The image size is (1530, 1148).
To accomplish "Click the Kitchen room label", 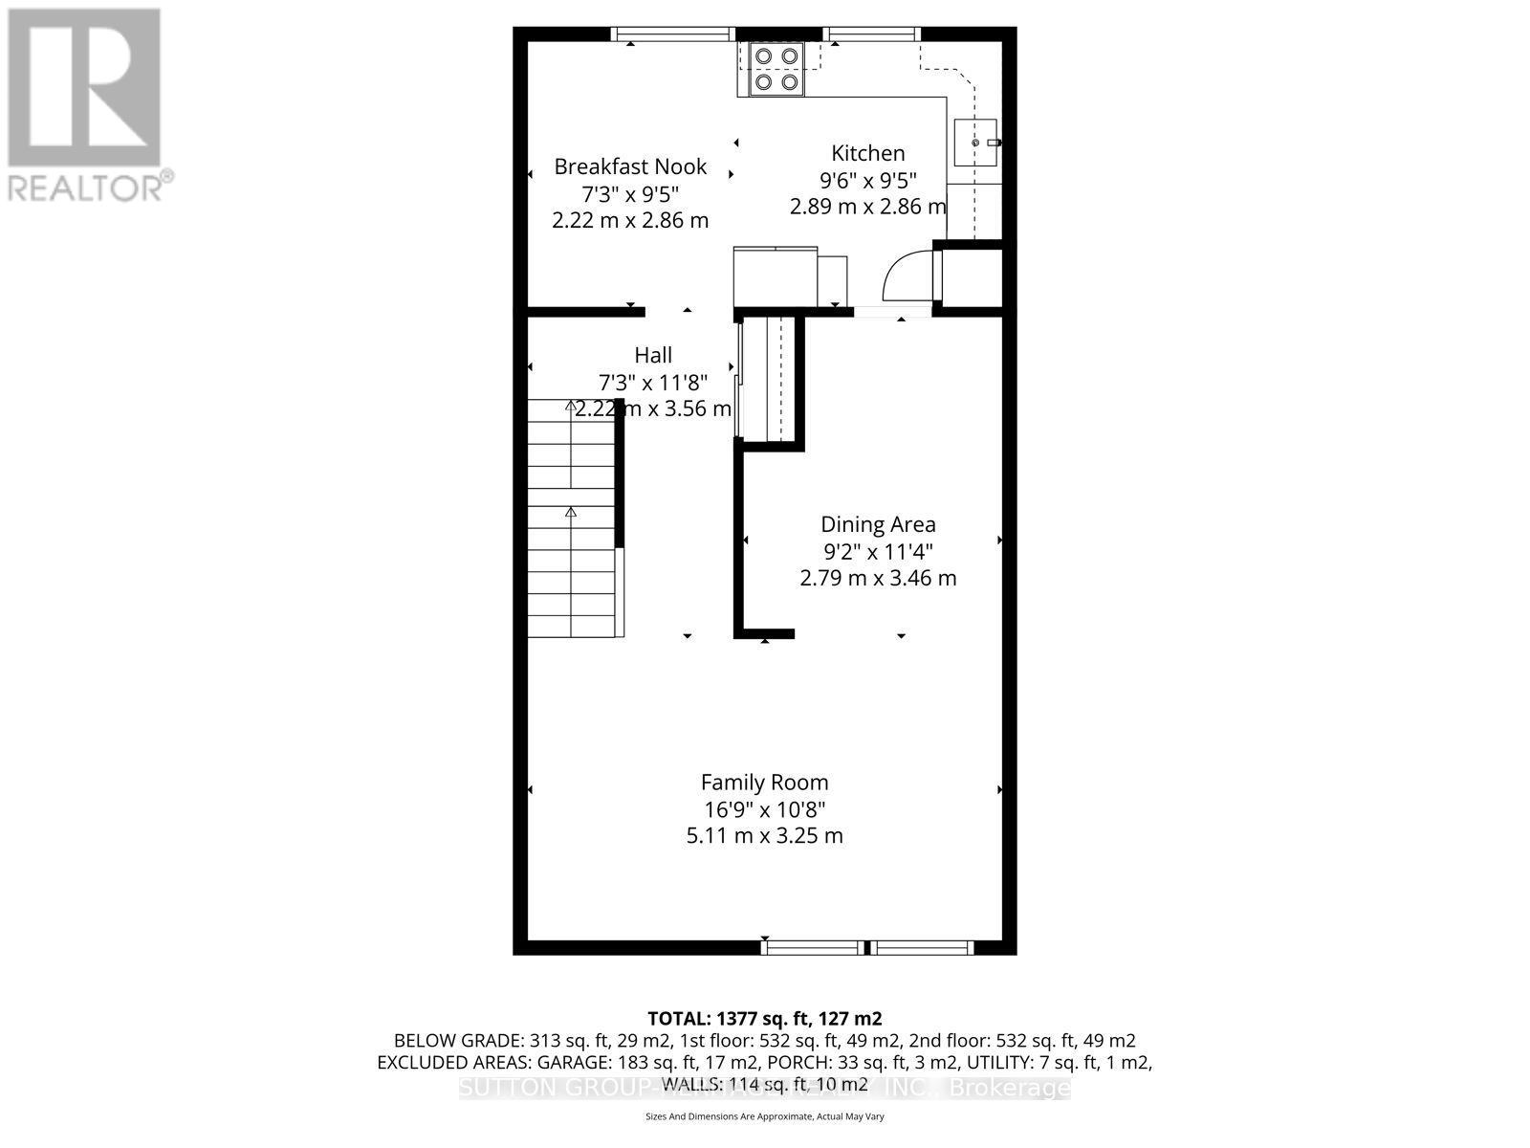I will pos(867,153).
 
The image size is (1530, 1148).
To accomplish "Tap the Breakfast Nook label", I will pos(630,166).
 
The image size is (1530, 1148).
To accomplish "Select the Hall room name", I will pos(653,355).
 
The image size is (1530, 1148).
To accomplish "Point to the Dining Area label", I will pos(878,524).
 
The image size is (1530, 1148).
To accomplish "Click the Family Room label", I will pos(764,782).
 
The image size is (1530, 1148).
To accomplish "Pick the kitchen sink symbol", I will pos(976,143).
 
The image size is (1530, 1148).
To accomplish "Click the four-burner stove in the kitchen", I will pos(776,69).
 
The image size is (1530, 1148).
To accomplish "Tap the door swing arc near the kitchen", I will pos(906,276).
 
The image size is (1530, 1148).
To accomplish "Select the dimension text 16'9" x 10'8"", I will pos(764,808).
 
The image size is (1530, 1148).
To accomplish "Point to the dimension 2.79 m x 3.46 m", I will pos(878,578).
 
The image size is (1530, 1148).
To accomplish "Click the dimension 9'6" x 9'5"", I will pos(867,180).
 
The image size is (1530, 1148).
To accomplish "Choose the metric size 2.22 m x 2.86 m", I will pos(630,220).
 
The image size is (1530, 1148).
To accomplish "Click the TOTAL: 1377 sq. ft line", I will pos(764,1018).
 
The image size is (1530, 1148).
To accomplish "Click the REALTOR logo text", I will pos(86,187).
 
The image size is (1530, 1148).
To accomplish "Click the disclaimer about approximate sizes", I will pos(764,1116).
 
